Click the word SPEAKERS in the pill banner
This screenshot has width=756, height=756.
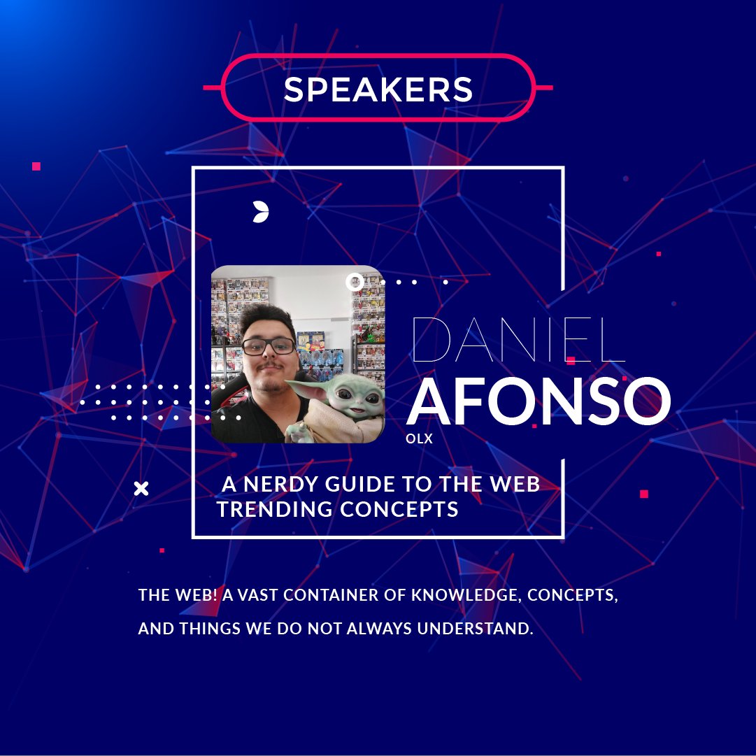click(x=378, y=90)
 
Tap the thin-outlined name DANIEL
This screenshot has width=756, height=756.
click(x=518, y=340)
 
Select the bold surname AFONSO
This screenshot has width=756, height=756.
click(x=539, y=402)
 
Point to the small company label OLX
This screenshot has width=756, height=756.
click(x=420, y=439)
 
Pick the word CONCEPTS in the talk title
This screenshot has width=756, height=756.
click(x=399, y=509)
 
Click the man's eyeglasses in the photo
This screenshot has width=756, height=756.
click(x=269, y=345)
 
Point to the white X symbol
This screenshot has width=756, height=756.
click(x=141, y=488)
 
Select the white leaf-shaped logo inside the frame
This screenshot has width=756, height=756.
click(x=261, y=211)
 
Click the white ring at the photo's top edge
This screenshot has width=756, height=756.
click(x=355, y=282)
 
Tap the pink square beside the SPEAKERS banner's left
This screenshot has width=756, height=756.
click(x=36, y=166)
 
